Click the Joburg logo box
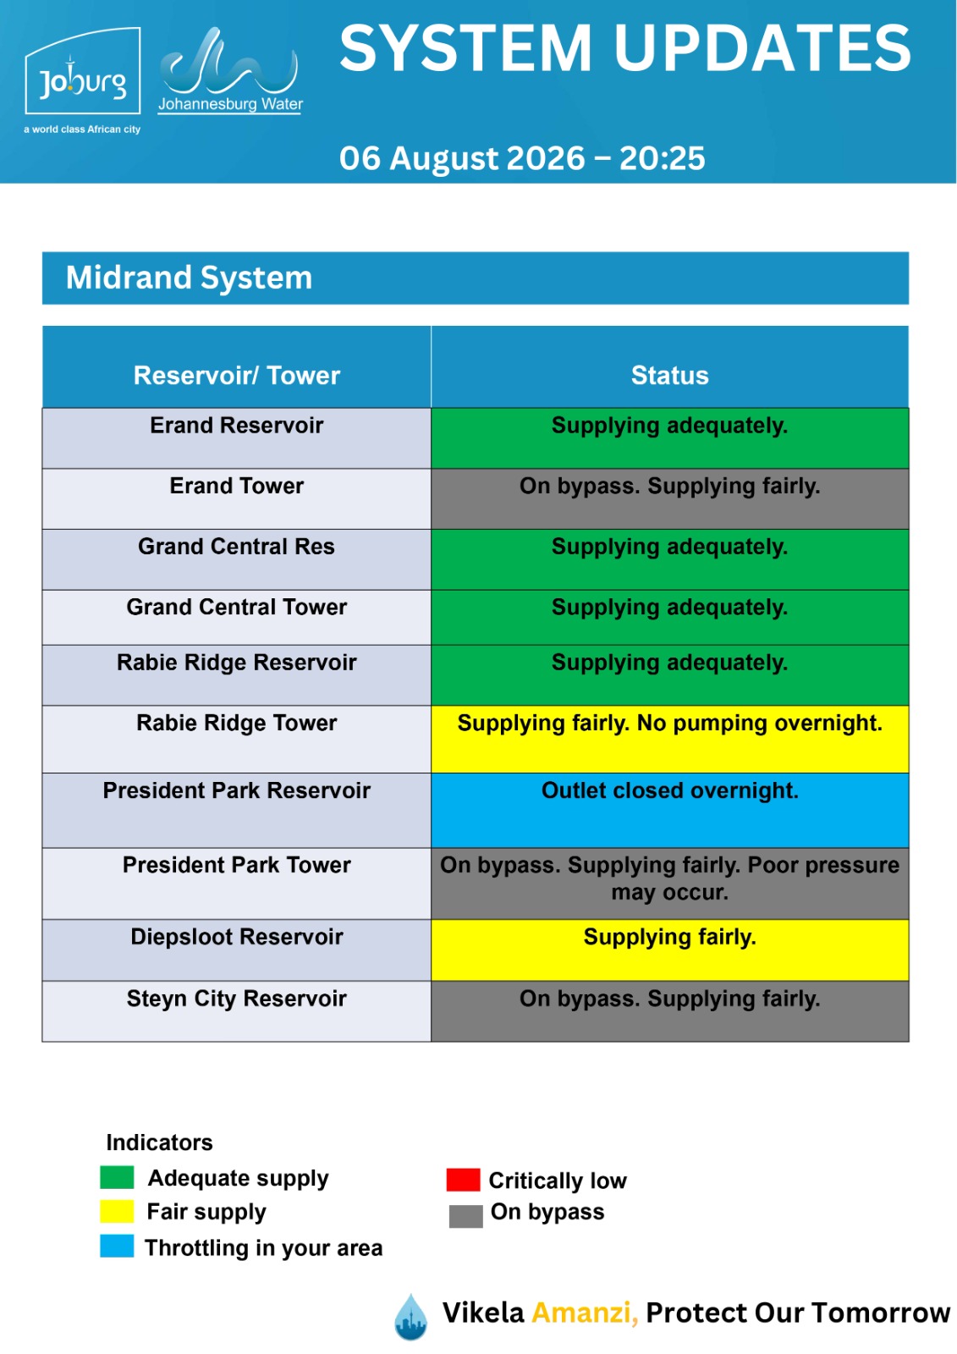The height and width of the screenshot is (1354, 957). [83, 71]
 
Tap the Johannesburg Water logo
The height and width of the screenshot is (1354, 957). [229, 70]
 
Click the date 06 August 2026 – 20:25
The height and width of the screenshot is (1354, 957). [522, 158]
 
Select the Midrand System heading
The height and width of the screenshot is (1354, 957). [189, 278]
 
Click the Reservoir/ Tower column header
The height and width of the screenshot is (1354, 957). [236, 376]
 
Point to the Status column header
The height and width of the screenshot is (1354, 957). [670, 376]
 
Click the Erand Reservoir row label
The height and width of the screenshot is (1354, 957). [236, 426]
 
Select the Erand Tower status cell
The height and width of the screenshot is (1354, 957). [670, 498]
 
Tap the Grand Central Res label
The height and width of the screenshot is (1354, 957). [236, 547]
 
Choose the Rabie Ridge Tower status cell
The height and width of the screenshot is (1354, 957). [670, 739]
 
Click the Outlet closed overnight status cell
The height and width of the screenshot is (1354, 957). [670, 810]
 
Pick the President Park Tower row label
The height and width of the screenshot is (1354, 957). [236, 865]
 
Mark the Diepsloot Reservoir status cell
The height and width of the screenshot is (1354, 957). [670, 949]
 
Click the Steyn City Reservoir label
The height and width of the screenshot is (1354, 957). [236, 999]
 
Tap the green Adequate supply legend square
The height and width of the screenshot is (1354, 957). [117, 1177]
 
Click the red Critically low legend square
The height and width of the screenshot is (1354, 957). [463, 1180]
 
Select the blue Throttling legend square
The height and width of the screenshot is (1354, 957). [117, 1247]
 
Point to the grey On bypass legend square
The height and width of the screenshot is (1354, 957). [465, 1216]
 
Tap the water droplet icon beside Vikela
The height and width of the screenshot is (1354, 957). [411, 1317]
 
